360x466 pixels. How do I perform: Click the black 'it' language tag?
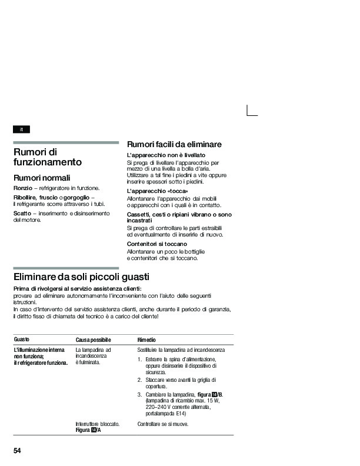point(21,129)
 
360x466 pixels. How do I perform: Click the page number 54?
point(18,451)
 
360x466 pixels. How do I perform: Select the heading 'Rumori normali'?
point(42,178)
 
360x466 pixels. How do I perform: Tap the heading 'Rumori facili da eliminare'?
point(174,144)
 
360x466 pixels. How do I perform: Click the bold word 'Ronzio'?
point(22,188)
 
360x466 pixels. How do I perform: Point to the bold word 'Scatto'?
point(22,213)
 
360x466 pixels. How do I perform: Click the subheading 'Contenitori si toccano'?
point(157,244)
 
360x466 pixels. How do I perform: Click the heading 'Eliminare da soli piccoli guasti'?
point(81,277)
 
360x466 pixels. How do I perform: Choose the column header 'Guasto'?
point(22,340)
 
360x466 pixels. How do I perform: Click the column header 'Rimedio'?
point(146,341)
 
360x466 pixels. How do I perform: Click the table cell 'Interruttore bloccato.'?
point(98,424)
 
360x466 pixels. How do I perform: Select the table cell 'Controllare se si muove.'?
point(163,424)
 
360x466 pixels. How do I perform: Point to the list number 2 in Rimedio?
point(139,380)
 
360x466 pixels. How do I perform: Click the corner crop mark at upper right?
point(252,111)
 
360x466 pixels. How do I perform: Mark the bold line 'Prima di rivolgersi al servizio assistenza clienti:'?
point(77,289)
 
